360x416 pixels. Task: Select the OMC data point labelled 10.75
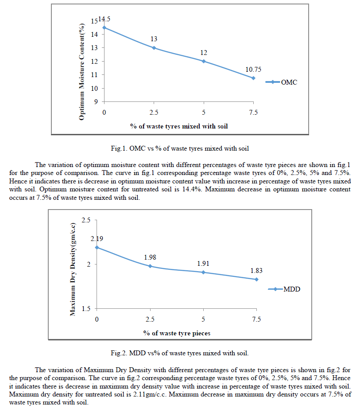tap(253, 78)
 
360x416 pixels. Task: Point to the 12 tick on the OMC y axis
tap(95, 61)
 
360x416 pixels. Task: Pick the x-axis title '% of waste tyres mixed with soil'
tap(179, 125)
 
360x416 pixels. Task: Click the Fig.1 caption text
tap(180, 147)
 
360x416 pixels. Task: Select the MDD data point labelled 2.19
tap(97, 247)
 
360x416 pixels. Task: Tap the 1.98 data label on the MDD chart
tap(150, 257)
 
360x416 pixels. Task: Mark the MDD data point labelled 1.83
tap(256, 279)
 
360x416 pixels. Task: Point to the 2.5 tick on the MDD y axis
tap(86, 220)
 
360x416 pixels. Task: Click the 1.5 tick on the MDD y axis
tap(86, 309)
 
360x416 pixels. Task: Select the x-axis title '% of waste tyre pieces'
tap(177, 333)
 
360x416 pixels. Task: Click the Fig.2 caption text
tap(180, 353)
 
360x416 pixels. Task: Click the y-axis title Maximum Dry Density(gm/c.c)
tap(73, 269)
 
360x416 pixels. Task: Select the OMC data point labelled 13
tap(154, 48)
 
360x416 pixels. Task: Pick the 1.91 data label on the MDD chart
tap(203, 264)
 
